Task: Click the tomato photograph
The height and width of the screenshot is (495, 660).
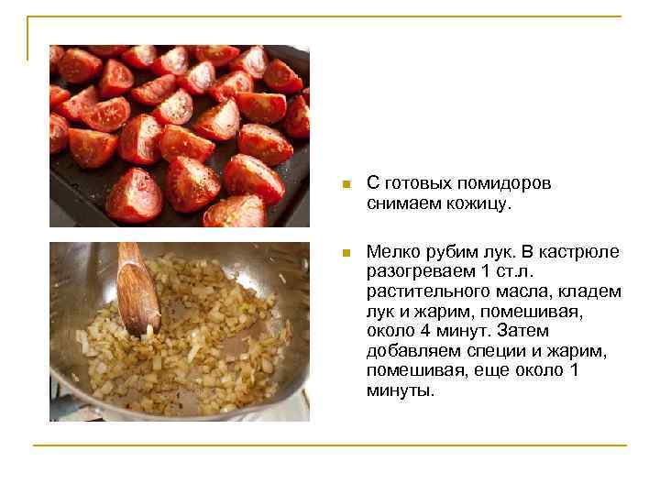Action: pos(180,136)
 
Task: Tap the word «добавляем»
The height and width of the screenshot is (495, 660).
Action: pos(412,351)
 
